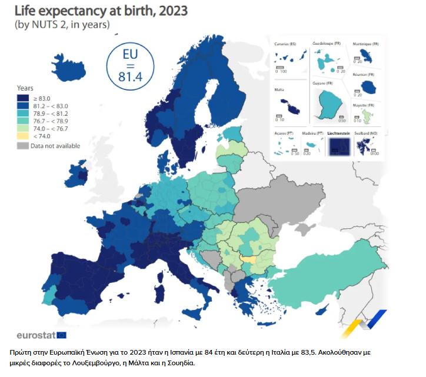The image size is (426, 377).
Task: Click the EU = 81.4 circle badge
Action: click(x=128, y=65)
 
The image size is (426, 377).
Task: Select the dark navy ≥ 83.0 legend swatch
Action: click(x=23, y=98)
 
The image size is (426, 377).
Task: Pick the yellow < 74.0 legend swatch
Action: click(x=23, y=136)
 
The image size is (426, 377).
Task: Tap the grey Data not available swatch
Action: click(x=23, y=146)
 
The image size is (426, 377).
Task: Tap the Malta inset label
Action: click(x=279, y=90)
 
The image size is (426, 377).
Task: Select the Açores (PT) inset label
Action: click(x=284, y=134)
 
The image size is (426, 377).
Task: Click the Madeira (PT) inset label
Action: click(x=312, y=134)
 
